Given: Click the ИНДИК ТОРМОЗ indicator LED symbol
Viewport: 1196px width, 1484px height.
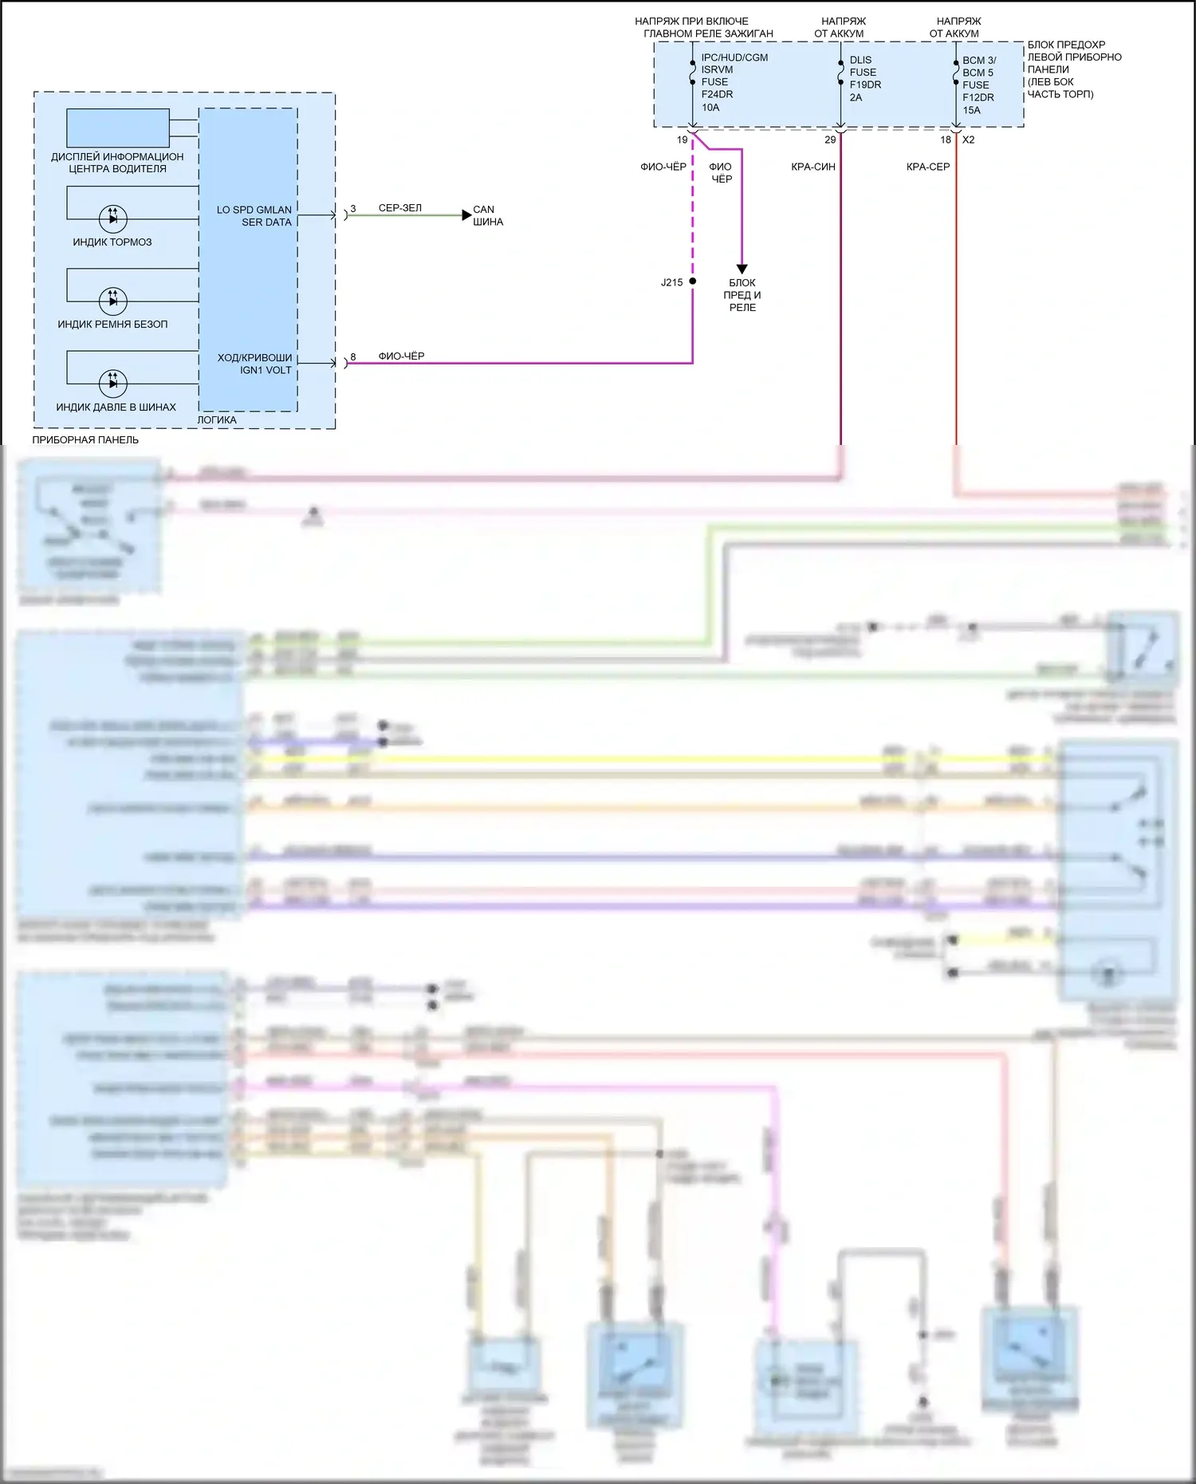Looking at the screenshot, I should coord(112,218).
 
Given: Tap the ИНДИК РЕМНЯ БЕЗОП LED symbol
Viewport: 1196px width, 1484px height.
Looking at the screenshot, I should coord(112,301).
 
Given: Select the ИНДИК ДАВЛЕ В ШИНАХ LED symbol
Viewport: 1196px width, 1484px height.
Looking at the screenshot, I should coord(112,383).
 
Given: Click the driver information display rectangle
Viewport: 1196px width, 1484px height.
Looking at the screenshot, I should coord(118,128).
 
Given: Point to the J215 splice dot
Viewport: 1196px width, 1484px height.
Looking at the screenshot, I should coord(692,281).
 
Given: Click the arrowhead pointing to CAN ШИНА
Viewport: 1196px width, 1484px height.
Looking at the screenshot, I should coord(466,215).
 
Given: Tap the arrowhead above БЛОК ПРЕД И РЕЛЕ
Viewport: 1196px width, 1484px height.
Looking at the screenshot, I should coord(742,270).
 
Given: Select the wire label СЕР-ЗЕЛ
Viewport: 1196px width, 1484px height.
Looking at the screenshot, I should coord(399,208).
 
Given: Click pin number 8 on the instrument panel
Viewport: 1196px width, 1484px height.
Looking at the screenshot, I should coord(353,356).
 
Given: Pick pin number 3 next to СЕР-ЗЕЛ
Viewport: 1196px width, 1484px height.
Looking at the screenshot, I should coord(353,208).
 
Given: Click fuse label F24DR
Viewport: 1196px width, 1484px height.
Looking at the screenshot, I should coord(717,94).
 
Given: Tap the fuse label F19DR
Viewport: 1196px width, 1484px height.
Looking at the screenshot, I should coord(865,85).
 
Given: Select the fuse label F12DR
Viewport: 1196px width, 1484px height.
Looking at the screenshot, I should coord(978,97).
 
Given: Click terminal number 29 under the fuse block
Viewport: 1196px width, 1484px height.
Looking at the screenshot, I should coord(830,140).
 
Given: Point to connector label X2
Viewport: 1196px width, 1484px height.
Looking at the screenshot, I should coord(968,140).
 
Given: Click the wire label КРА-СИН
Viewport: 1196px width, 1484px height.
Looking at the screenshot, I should coord(812,167).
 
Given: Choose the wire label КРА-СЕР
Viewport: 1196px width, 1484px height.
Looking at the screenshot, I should coord(927,167).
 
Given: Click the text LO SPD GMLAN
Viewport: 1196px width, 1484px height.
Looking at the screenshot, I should coord(254,210).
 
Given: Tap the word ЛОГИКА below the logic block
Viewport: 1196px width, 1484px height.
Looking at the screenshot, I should coord(217,419).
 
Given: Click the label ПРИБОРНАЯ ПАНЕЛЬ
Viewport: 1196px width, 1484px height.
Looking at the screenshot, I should coord(85,439).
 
